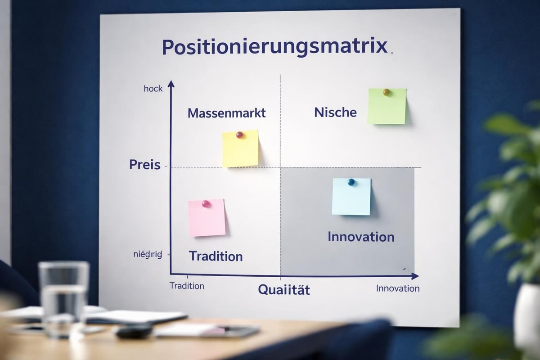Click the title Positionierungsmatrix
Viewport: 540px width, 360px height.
[274, 47]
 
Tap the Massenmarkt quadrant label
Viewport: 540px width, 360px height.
[226, 112]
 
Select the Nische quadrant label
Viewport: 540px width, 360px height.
[335, 112]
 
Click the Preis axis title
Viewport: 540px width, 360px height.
[145, 165]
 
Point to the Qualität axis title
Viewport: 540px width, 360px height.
[284, 290]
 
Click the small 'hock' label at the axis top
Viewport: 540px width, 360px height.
[153, 89]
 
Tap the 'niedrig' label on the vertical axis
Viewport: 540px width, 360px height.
[148, 255]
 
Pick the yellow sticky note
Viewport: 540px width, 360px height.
[240, 149]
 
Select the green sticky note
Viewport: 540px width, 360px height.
[387, 106]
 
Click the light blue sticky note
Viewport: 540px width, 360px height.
[351, 197]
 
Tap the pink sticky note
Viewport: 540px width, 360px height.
[207, 218]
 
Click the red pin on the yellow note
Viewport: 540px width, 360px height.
[240, 135]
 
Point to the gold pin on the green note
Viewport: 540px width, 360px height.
[386, 92]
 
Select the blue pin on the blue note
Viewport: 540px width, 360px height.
[351, 182]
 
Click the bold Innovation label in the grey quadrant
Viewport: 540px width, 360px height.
[361, 237]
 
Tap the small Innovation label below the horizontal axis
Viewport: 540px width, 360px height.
[398, 288]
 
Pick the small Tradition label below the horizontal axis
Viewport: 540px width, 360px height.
[187, 286]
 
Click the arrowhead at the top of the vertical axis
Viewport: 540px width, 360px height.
[171, 84]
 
